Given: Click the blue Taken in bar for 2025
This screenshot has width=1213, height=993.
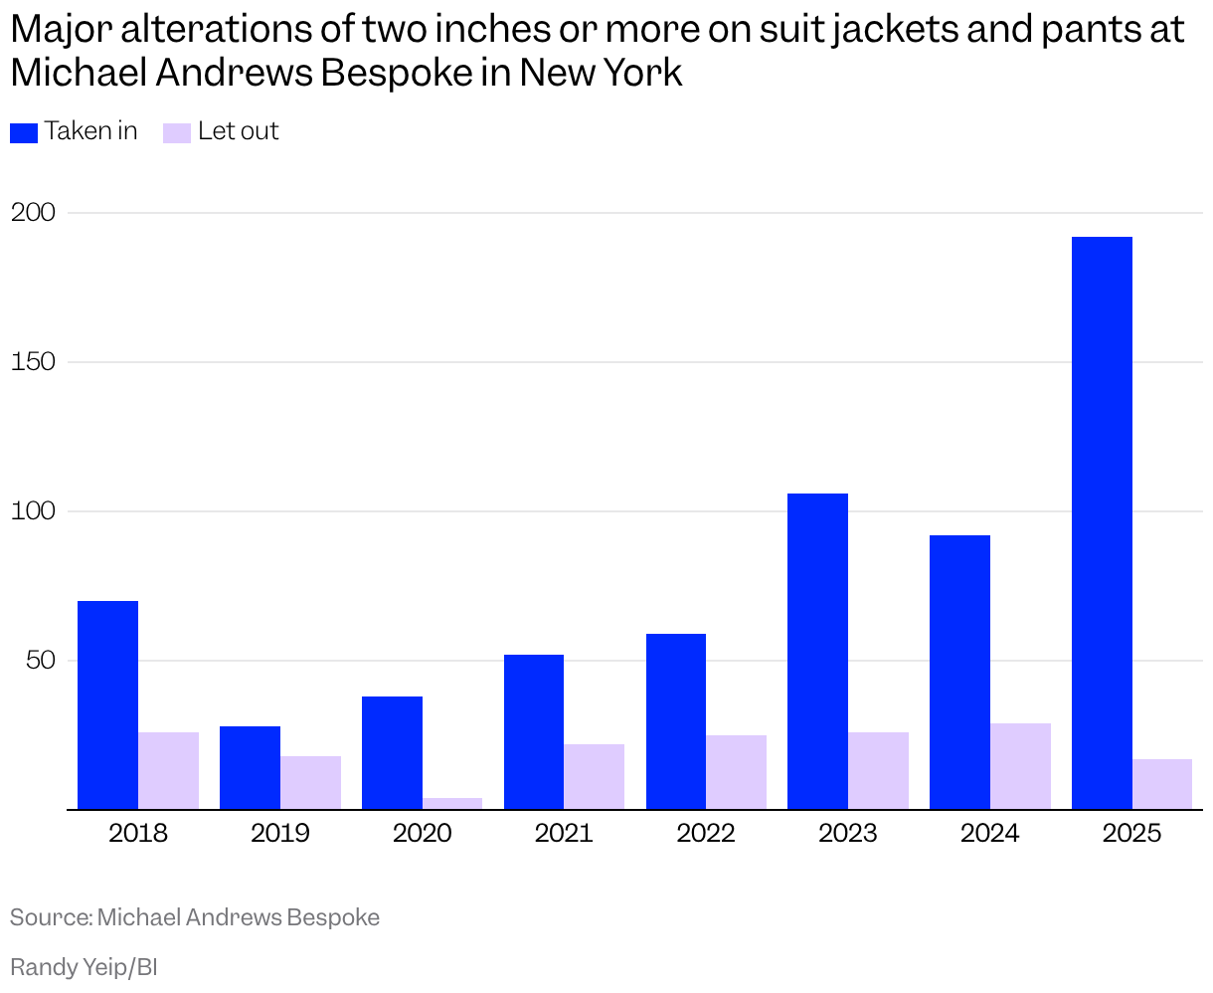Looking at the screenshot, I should pyautogui.click(x=1102, y=522).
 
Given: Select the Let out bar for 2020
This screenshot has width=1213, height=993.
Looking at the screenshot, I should pyautogui.click(x=452, y=803).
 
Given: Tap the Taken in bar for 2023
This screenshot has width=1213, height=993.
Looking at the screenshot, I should pyautogui.click(x=817, y=652).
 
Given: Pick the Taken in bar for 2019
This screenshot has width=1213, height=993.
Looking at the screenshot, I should pyautogui.click(x=250, y=767).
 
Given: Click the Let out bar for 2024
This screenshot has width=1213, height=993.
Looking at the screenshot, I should pyautogui.click(x=1020, y=766).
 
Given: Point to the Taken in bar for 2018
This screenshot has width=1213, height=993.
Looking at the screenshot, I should pyautogui.click(x=107, y=704).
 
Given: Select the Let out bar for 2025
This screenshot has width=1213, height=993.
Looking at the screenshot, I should pyautogui.click(x=1162, y=784).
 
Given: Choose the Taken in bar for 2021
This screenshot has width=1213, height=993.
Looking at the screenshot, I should pyautogui.click(x=534, y=731).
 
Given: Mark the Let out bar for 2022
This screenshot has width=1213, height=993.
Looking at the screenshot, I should pyautogui.click(x=736, y=772).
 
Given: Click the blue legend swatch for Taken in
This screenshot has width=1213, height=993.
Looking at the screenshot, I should pyautogui.click(x=24, y=132).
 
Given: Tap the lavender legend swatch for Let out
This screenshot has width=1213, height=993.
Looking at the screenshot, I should pyautogui.click(x=177, y=132).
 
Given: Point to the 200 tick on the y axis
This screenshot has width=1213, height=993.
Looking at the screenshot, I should pyautogui.click(x=36, y=213).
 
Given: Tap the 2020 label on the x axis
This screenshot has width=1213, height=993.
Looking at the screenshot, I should pyautogui.click(x=422, y=833).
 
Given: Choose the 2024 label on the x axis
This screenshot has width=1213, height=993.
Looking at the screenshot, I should pyautogui.click(x=989, y=833).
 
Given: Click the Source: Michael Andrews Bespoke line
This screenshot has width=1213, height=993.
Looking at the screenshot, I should pyautogui.click(x=195, y=917).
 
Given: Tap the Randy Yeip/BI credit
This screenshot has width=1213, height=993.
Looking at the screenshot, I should pyautogui.click(x=84, y=967).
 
